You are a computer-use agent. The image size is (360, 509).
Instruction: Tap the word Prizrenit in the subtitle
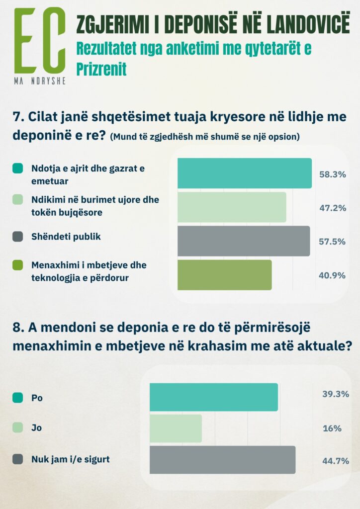coord(101,69)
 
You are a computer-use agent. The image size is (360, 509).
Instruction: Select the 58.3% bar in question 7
coord(244,173)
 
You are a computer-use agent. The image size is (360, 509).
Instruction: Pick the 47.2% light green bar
coord(232,207)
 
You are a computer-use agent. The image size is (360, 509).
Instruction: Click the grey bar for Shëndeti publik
coord(243,241)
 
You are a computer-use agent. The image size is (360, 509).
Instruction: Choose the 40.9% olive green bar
coord(224,274)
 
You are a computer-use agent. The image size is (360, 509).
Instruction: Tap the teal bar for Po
coord(213,397)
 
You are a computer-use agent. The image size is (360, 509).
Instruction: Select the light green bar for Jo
coord(176,428)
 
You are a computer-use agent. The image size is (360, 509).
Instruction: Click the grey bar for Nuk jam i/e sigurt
coord(222,459)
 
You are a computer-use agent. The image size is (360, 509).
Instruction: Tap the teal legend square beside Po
coord(17,398)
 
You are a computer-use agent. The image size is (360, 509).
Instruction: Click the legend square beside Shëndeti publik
coord(17,237)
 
